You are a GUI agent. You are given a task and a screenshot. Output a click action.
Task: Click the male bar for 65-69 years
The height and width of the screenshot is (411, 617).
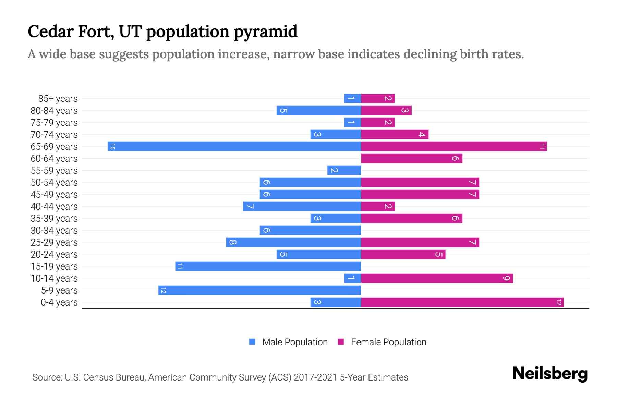click(x=234, y=147)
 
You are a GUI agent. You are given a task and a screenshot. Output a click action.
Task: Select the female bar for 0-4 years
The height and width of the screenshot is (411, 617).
click(x=462, y=302)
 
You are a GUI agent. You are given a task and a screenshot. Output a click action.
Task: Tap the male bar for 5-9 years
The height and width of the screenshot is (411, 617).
click(x=259, y=290)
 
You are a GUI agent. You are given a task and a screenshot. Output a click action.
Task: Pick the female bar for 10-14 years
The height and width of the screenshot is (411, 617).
click(x=437, y=278)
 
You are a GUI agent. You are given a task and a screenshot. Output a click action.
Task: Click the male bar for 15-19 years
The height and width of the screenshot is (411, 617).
click(x=268, y=266)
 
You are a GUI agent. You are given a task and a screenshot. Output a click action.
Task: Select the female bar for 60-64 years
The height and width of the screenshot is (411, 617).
click(x=411, y=159)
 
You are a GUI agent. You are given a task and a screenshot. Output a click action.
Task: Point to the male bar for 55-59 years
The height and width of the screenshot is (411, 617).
click(x=344, y=171)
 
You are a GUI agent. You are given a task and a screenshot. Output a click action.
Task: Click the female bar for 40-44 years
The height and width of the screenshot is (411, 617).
click(x=378, y=207)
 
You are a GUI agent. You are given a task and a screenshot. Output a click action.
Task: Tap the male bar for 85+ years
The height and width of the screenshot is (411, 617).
click(x=352, y=99)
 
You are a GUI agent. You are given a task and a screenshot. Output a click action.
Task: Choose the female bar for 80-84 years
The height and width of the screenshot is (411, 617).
click(x=386, y=111)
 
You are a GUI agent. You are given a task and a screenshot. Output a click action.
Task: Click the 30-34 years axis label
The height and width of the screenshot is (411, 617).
click(x=54, y=231)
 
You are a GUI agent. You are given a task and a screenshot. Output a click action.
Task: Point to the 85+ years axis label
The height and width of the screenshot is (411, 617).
click(x=58, y=99)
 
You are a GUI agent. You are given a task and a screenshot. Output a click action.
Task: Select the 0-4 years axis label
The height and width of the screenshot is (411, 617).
click(x=59, y=302)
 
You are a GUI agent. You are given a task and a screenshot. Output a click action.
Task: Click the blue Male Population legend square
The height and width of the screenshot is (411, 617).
click(x=252, y=342)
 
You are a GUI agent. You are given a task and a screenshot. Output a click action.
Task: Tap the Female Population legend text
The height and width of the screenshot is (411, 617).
click(x=388, y=342)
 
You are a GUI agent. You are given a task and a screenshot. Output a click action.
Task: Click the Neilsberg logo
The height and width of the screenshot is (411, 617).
click(x=550, y=374)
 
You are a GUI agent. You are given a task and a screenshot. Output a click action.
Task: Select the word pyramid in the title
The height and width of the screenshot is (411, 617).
click(x=265, y=32)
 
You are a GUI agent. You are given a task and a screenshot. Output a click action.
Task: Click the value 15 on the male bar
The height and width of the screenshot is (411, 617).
click(x=112, y=147)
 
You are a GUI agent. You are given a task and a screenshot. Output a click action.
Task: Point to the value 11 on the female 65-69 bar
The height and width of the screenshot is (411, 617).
click(x=542, y=147)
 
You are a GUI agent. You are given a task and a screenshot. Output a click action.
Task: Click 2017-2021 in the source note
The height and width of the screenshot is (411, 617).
click(x=315, y=377)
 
